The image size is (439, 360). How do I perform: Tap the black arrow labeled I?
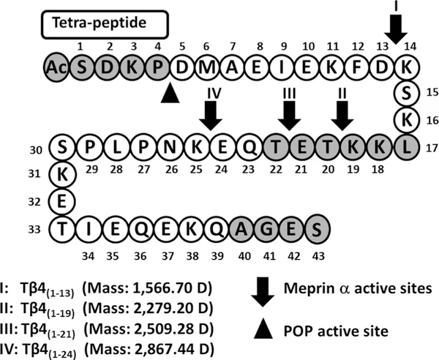click(x=396, y=28)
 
